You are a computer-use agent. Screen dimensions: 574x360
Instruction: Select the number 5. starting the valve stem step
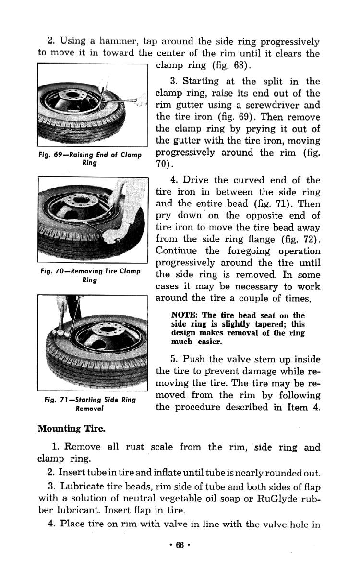click(174, 359)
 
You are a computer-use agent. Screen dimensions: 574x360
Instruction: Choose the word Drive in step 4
click(195, 180)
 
